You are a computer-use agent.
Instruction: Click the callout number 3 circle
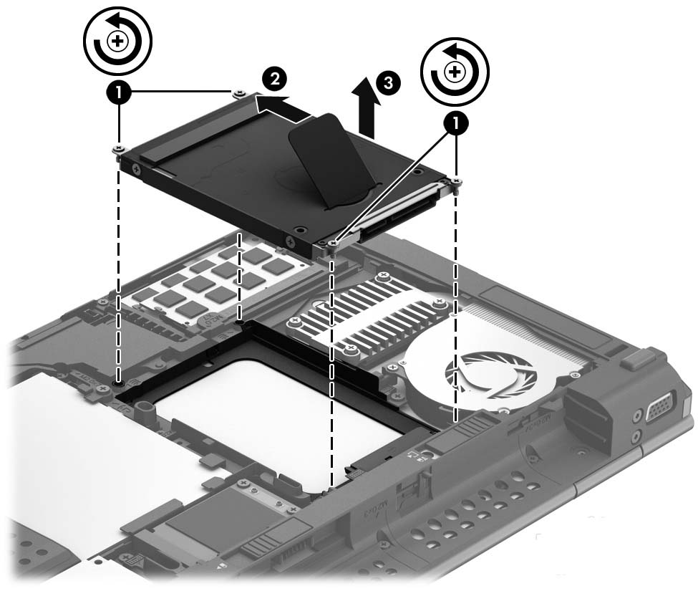[x=387, y=82]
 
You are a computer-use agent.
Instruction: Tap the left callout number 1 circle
[x=118, y=93]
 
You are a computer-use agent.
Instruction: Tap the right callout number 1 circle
[x=454, y=122]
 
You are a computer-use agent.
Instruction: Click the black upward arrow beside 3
[x=367, y=111]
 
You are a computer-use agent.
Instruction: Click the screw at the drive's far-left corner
[x=117, y=149]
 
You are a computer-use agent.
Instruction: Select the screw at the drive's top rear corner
[x=237, y=92]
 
